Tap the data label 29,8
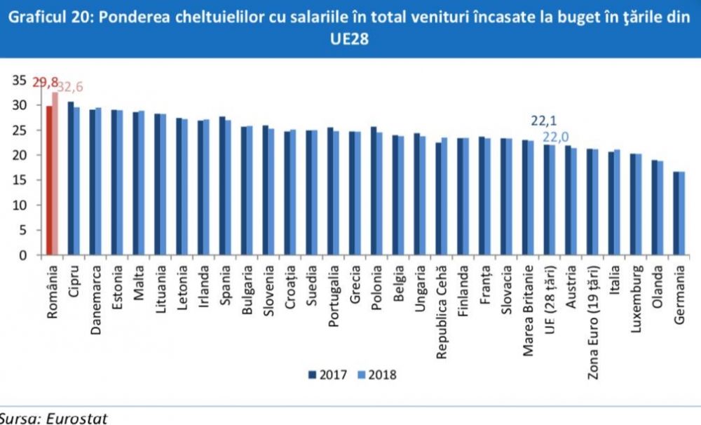click(44, 82)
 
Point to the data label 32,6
click(69, 87)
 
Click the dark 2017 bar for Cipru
click(70, 178)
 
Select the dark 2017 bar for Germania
click(675, 213)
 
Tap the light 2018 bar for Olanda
click(660, 208)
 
